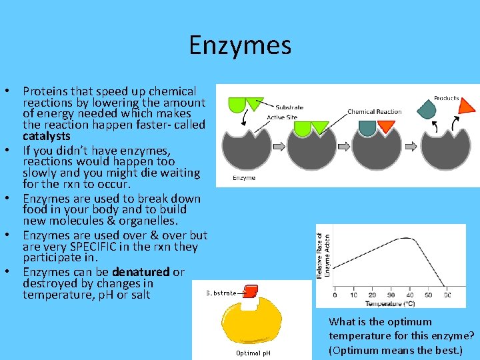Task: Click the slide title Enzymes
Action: click(x=240, y=45)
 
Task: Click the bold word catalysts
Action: click(x=47, y=136)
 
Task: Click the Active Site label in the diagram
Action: click(x=281, y=117)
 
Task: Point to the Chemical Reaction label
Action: click(x=375, y=111)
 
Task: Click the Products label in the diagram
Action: click(x=447, y=98)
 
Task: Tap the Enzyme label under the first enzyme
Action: click(x=244, y=178)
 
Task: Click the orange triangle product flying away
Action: click(x=467, y=105)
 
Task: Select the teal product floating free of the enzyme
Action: click(x=427, y=107)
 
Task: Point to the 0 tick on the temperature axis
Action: click(x=335, y=295)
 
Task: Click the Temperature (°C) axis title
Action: click(x=391, y=303)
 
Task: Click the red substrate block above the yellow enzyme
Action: click(x=250, y=291)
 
